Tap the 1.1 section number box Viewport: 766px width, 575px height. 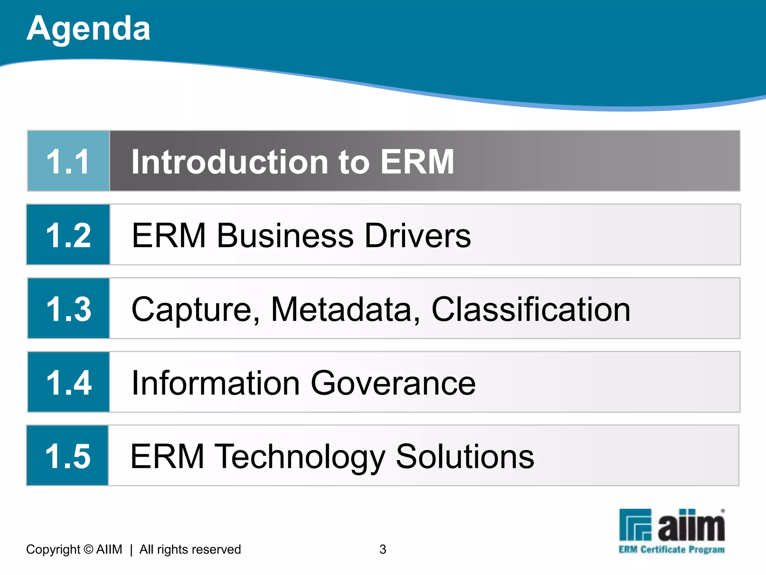[x=68, y=161]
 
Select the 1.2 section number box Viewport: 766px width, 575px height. [x=68, y=235]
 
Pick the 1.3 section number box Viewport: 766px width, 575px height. [x=68, y=308]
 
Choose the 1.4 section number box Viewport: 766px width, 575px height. [x=68, y=382]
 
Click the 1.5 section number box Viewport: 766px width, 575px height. [x=68, y=456]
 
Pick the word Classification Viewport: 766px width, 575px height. [x=531, y=309]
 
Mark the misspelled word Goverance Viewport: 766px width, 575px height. [x=393, y=383]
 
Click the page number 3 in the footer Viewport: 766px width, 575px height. [x=383, y=549]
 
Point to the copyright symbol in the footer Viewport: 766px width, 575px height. [x=88, y=549]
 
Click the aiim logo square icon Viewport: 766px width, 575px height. [x=635, y=524]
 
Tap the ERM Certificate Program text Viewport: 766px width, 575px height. [x=671, y=550]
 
